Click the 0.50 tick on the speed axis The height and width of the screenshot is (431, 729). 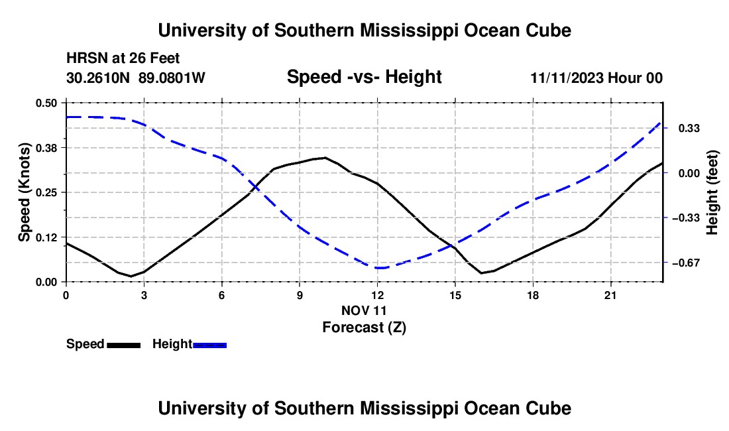[x=46, y=103]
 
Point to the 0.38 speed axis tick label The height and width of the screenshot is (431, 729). [x=46, y=148]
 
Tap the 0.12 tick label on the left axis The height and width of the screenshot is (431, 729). [x=46, y=237]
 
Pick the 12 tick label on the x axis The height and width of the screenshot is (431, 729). [x=378, y=295]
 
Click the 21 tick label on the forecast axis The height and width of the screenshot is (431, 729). [x=610, y=295]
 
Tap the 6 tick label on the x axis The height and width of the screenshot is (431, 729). [x=222, y=295]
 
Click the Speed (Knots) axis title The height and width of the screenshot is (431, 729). [x=24, y=192]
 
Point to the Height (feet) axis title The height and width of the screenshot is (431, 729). [x=712, y=192]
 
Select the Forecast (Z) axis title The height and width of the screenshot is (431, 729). [x=364, y=328]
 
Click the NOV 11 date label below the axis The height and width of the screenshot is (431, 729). [x=364, y=310]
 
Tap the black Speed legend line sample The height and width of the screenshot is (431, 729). [x=124, y=345]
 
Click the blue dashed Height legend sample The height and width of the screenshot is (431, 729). [x=209, y=345]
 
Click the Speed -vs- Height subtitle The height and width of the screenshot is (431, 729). [x=364, y=77]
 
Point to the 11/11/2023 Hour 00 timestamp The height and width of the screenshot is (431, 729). [x=596, y=78]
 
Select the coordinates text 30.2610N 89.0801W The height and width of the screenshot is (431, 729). [x=136, y=78]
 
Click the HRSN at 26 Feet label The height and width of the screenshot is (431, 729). [x=123, y=58]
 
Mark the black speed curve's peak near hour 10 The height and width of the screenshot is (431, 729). [x=325, y=158]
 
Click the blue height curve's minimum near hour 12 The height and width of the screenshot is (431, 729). [x=379, y=268]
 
